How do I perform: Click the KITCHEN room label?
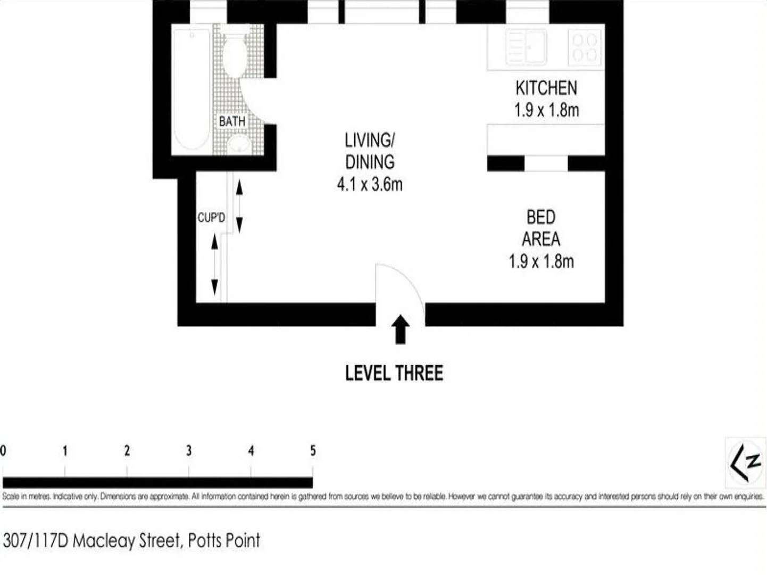point(546,88)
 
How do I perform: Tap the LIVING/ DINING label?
point(370,151)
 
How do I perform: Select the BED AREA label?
point(541,228)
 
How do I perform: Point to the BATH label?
point(232,121)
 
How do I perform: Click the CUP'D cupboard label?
point(211,218)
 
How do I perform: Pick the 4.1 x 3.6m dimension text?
point(370,185)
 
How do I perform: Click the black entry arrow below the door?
point(401,330)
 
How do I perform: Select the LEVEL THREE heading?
point(394,373)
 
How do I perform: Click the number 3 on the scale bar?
point(189,451)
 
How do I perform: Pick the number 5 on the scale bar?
point(313,451)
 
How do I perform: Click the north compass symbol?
point(746,463)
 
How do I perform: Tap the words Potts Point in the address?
point(224,540)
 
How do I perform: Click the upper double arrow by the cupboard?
point(239,206)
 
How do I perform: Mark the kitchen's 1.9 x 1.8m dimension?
point(546,110)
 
